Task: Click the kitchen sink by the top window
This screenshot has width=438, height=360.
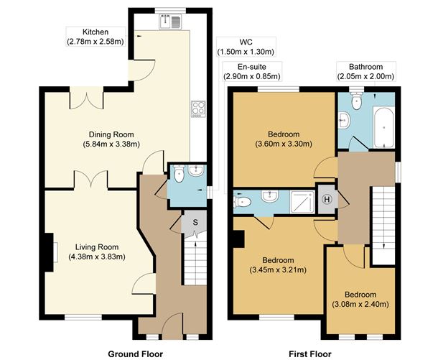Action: [170, 22]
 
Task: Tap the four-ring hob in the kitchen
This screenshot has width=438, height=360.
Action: [199, 109]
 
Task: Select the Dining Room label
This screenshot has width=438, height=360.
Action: [111, 134]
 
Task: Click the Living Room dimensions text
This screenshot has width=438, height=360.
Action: [97, 257]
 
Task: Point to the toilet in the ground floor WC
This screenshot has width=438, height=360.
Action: [179, 174]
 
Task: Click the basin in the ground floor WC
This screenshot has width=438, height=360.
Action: [197, 170]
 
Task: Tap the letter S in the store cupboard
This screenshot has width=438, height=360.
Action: [195, 223]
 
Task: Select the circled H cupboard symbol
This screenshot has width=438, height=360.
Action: [327, 199]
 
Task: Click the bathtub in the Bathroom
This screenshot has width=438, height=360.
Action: [384, 127]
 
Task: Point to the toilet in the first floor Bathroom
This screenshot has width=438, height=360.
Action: [356, 101]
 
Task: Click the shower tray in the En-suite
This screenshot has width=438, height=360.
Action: [302, 202]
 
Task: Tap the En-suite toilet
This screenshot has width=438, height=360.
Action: [242, 201]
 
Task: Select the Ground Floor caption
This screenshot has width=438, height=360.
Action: [136, 354]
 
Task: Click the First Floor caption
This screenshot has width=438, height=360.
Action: [310, 354]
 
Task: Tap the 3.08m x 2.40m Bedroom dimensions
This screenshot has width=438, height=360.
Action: [360, 304]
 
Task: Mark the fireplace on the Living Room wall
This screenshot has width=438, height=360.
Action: [50, 252]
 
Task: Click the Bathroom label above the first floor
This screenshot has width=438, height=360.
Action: [365, 67]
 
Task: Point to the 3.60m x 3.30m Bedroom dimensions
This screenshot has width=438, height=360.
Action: [284, 144]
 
